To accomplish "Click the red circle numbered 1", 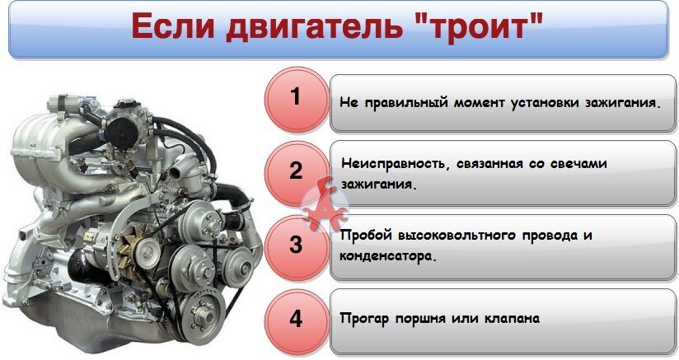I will [x=296, y=97].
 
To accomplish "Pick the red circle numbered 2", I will [x=296, y=171].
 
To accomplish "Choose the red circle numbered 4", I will [x=296, y=318].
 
